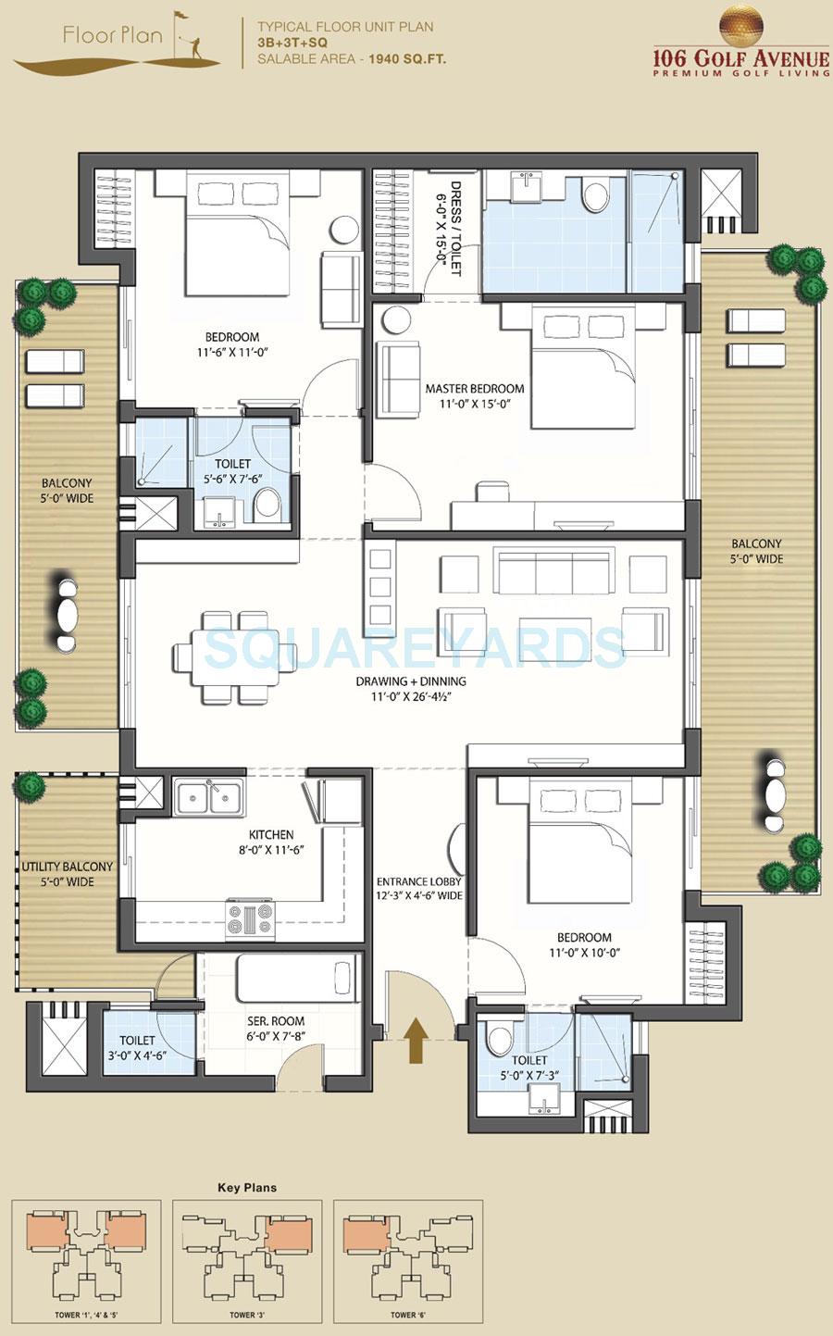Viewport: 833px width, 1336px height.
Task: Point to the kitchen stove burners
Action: [250, 918]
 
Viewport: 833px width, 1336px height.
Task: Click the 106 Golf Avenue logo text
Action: [740, 60]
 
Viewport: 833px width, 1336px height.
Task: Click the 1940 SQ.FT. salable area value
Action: [407, 59]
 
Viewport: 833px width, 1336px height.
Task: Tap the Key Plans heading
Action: [246, 1187]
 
